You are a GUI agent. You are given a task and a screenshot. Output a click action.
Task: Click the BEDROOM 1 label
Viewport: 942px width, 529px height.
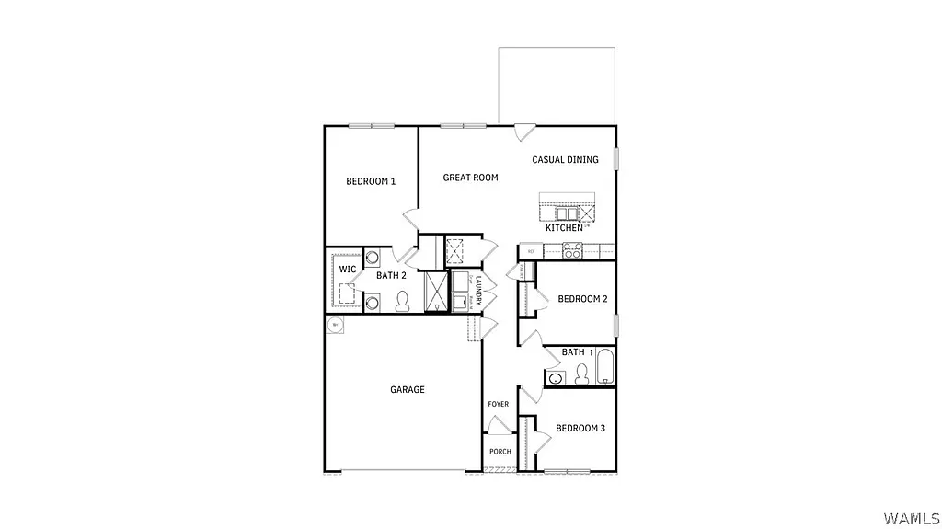tap(371, 181)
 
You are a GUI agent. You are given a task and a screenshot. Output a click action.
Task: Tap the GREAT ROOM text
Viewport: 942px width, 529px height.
tap(470, 178)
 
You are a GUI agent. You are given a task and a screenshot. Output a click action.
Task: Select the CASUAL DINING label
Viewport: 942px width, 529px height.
tap(565, 160)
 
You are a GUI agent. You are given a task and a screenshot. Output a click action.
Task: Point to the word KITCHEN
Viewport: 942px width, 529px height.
tap(564, 227)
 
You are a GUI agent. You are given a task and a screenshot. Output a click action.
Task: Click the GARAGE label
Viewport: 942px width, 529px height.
tap(408, 390)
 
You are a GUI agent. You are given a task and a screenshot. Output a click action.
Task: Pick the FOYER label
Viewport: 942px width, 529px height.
tap(498, 405)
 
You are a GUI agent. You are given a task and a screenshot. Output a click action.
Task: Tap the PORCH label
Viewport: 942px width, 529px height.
tap(500, 452)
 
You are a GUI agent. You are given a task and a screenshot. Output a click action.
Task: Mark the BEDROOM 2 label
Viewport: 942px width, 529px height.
tap(582, 299)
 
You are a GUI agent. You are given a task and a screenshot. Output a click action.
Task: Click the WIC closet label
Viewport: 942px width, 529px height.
tap(348, 270)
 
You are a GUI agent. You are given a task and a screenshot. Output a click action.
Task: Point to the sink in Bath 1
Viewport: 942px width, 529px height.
tap(556, 378)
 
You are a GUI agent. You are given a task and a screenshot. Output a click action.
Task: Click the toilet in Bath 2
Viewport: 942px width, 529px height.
tap(402, 301)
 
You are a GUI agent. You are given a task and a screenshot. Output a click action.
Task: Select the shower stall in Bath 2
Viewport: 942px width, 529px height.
tap(436, 291)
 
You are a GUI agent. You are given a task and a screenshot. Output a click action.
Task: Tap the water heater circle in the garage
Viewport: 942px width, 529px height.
tap(336, 324)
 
